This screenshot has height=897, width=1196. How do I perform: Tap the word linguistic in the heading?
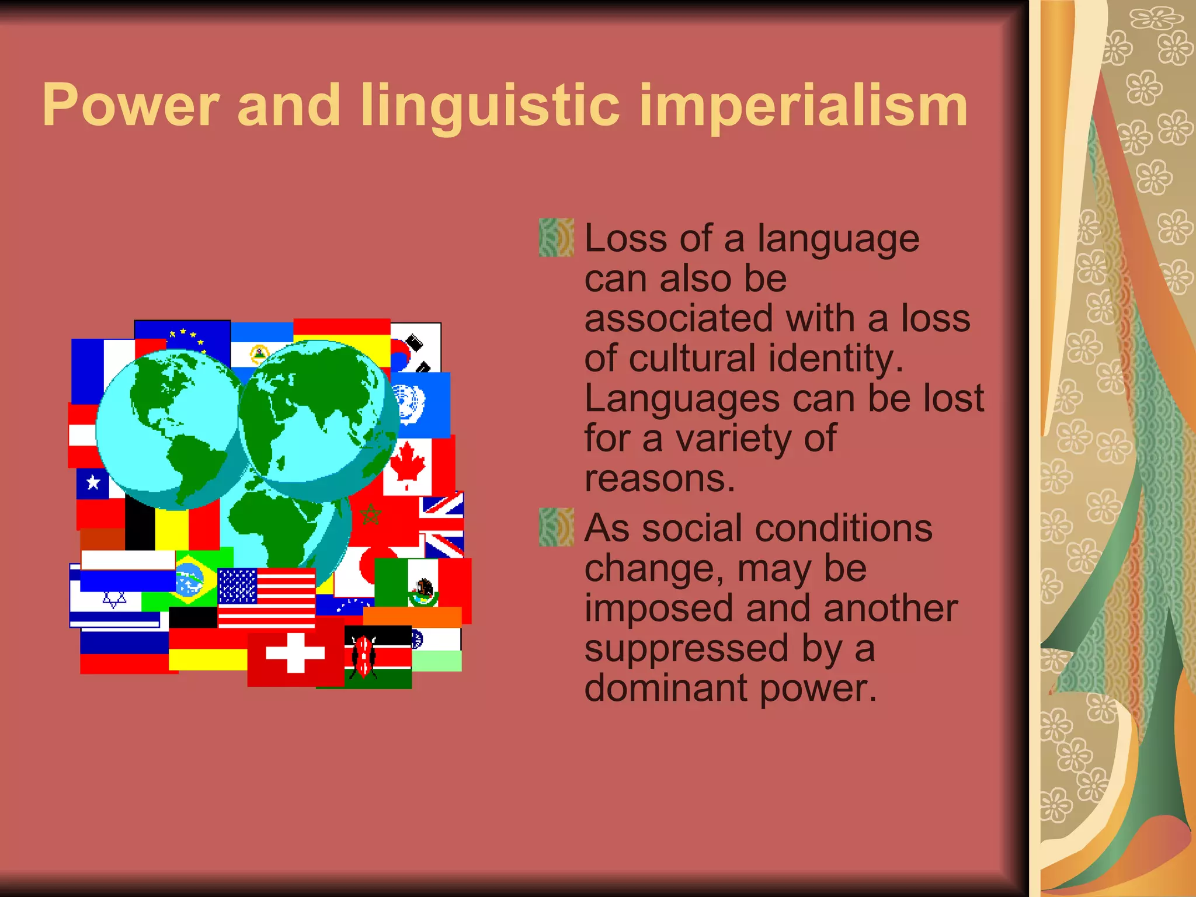pos(489,106)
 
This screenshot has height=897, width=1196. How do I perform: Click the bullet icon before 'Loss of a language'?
pos(556,238)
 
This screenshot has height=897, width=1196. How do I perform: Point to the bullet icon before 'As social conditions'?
pos(556,527)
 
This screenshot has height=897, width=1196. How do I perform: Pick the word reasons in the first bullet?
pos(659,479)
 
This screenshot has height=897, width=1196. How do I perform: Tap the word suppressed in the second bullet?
pos(686,649)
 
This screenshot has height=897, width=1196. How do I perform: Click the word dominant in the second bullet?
pos(665,689)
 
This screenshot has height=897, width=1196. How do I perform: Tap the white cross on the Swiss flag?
pos(295,653)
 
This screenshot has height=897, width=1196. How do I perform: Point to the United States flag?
pos(266,597)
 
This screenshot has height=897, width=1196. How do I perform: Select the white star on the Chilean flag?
pos(93,483)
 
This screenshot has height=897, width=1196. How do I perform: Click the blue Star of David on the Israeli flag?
pos(114,600)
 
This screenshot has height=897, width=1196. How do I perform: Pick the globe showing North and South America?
pos(169,429)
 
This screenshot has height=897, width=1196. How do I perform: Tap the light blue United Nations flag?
pos(419,405)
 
